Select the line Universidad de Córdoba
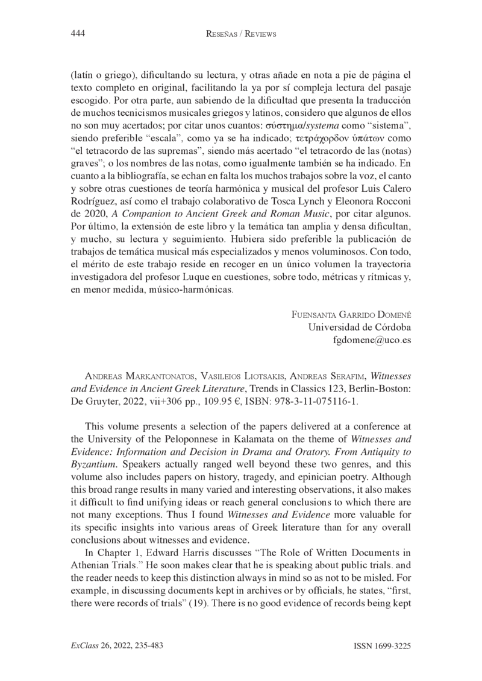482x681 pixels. [360, 327]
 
